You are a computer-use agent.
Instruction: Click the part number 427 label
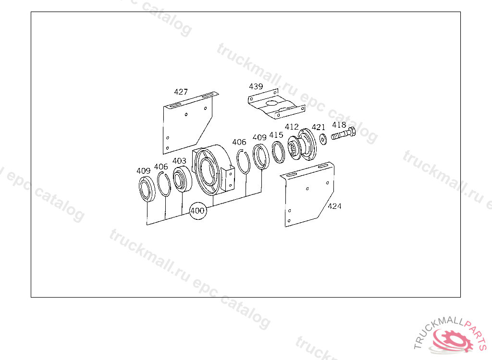[181, 92]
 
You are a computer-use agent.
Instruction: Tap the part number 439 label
[256, 86]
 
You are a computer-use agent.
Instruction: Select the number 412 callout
[292, 127]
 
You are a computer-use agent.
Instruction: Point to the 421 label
[318, 127]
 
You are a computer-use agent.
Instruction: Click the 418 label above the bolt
[339, 125]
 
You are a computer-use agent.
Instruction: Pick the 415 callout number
[276, 135]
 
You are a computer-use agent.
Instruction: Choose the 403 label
[179, 160]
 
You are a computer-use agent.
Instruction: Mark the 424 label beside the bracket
[334, 206]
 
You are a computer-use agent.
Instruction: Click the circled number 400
[197, 211]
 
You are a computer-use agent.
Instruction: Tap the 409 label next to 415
[259, 137]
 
